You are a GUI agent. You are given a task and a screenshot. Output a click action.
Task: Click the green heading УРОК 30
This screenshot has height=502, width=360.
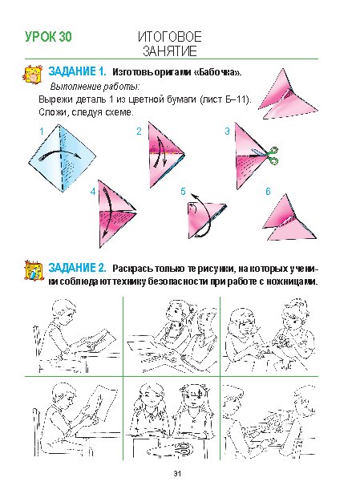[48, 37]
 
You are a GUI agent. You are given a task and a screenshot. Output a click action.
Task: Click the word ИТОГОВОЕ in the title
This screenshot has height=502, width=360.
[170, 37]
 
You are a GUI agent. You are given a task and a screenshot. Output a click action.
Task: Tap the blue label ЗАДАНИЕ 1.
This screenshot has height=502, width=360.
[77, 71]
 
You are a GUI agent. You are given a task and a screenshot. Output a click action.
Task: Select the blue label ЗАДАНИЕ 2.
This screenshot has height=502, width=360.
[77, 268]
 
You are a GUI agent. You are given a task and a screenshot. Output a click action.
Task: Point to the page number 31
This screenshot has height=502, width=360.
[177, 473]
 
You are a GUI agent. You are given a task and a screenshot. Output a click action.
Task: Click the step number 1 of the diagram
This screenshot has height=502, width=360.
[41, 131]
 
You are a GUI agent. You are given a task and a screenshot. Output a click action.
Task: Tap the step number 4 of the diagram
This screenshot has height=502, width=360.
[93, 192]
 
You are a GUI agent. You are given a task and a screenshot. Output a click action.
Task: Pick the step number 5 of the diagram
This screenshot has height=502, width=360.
[183, 192]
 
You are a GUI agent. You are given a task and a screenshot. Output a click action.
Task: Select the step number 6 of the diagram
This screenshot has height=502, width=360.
[268, 192]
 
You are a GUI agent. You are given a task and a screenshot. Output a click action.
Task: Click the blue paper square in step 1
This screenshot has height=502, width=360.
[62, 158]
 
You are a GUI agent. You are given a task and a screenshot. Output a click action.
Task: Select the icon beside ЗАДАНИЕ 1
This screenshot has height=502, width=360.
[33, 74]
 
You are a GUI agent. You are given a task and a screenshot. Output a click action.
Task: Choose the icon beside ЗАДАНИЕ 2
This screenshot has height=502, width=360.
[34, 271]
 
